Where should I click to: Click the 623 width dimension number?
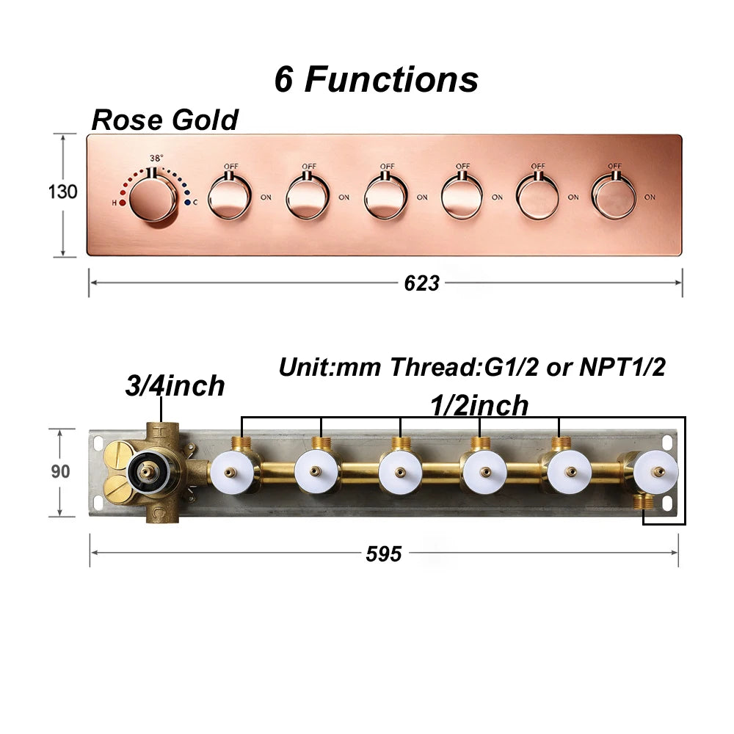coord(422,283)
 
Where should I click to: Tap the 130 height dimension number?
coord(62,192)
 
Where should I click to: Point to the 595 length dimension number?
coord(384,553)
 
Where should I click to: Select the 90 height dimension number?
coord(60,471)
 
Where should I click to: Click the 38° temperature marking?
coord(156,159)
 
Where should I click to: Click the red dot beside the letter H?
coord(123,203)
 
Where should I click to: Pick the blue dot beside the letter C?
coord(187,203)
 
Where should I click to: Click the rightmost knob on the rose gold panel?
coord(614,196)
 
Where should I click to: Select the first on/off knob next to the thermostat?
coord(230,197)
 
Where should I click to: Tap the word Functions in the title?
coord(391,79)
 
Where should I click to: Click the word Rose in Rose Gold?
coord(127,120)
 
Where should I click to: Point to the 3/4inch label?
coord(175,386)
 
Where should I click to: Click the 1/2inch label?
coord(479,405)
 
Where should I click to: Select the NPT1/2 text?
coord(622,367)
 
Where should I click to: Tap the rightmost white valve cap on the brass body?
coord(656,471)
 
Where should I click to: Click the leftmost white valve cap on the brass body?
coord(233,471)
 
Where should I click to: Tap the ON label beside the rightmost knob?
coord(650,197)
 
